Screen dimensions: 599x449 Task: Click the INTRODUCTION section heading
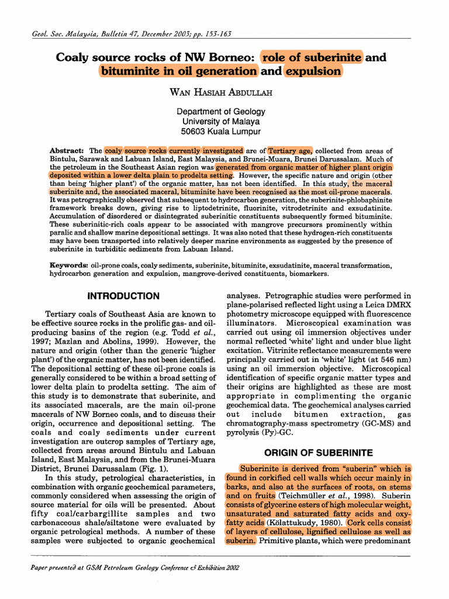point(123,296)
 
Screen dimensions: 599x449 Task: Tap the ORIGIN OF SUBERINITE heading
point(318,452)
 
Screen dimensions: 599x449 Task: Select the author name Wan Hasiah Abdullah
point(221,92)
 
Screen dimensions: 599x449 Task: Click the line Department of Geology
point(221,111)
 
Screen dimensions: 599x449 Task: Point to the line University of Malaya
point(221,121)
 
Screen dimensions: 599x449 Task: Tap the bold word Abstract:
point(68,150)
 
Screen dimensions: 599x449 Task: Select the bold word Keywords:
point(69,265)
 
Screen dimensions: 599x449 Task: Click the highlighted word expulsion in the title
point(313,71)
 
